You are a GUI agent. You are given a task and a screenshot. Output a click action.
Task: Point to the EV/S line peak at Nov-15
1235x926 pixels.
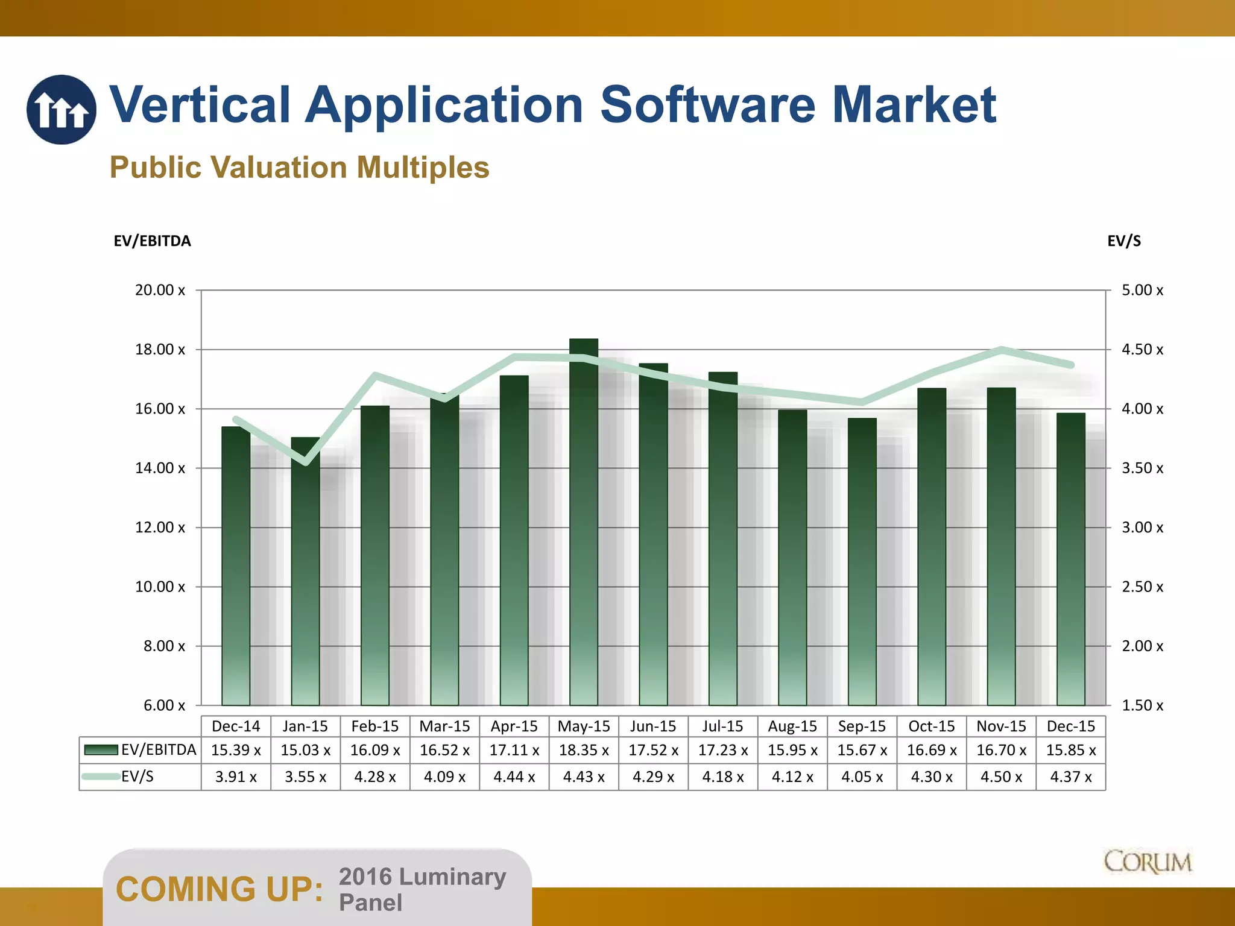tap(1001, 350)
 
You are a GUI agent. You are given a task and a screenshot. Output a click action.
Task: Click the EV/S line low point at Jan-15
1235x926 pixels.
tap(306, 462)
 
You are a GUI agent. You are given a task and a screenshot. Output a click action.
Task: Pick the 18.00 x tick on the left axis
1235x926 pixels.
tap(160, 350)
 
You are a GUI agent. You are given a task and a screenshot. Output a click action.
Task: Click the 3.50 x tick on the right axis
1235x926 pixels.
tap(1142, 468)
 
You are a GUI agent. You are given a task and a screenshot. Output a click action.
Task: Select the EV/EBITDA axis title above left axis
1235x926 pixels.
tap(152, 241)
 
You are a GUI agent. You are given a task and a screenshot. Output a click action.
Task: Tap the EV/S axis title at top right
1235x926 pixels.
tap(1124, 241)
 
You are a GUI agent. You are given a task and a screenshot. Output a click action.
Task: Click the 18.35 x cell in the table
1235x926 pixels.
tap(584, 751)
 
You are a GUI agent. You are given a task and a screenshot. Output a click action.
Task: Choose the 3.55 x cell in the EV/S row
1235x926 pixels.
tap(305, 777)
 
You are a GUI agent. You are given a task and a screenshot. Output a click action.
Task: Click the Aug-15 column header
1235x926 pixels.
tap(792, 726)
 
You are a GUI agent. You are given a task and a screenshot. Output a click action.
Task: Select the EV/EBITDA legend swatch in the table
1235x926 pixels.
tap(101, 750)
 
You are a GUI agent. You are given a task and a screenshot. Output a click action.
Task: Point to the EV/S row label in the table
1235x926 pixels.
tap(137, 776)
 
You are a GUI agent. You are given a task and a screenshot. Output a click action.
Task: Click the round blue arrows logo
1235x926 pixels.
tap(61, 110)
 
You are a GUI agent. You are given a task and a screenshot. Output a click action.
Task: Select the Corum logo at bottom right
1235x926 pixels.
tap(1148, 862)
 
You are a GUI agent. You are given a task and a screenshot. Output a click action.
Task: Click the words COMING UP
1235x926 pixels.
tap(220, 889)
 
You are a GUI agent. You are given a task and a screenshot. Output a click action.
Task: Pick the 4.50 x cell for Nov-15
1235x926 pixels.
tap(1001, 777)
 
